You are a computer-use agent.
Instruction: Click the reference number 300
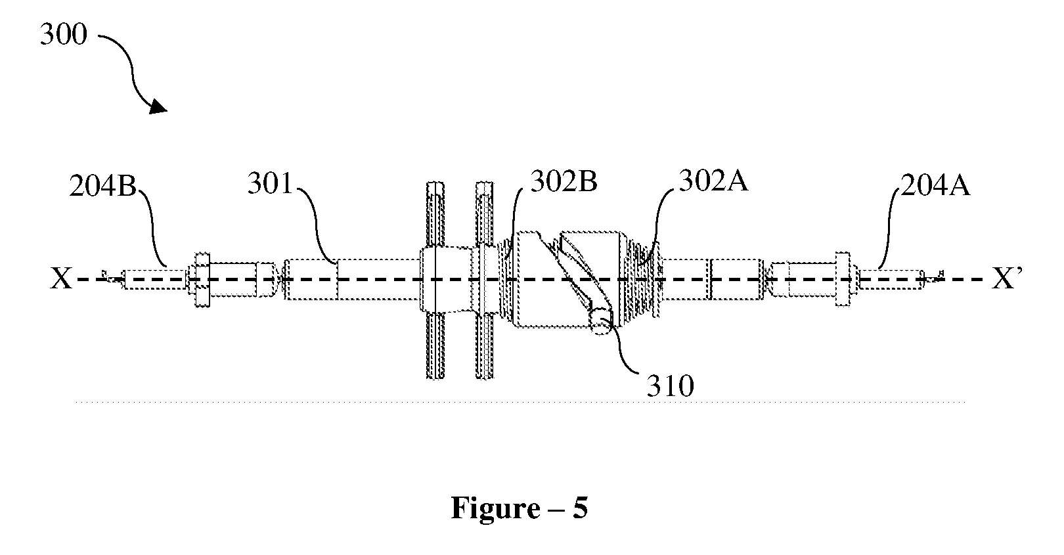pyautogui.click(x=64, y=35)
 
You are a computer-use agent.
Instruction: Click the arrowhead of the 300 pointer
pyautogui.click(x=159, y=106)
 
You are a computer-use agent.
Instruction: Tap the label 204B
pyautogui.click(x=102, y=186)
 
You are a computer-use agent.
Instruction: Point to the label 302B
pyautogui.click(x=564, y=181)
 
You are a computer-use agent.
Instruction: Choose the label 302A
pyautogui.click(x=713, y=181)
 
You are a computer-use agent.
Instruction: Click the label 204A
pyautogui.click(x=935, y=185)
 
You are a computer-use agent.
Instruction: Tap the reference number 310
pyautogui.click(x=670, y=386)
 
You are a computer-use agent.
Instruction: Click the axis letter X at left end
pyautogui.click(x=61, y=279)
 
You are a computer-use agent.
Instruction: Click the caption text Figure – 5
pyautogui.click(x=519, y=508)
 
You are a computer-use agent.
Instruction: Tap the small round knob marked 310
pyautogui.click(x=602, y=322)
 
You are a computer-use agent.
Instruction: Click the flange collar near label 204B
pyautogui.click(x=202, y=280)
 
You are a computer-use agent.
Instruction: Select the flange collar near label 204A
pyautogui.click(x=843, y=279)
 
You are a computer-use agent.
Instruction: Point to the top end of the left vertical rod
pyautogui.click(x=435, y=183)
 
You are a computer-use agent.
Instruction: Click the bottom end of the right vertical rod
pyautogui.click(x=485, y=377)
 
